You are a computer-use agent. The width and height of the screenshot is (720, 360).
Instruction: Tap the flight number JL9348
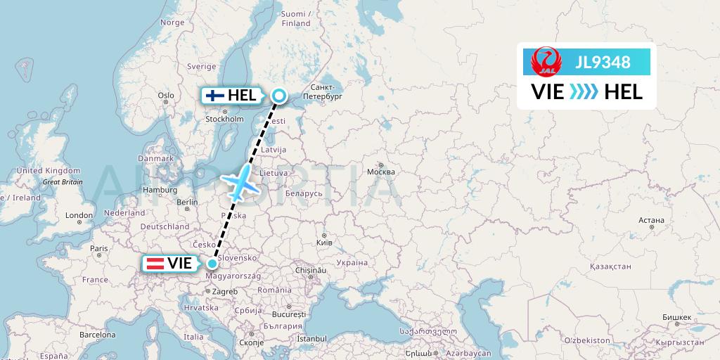(603, 63)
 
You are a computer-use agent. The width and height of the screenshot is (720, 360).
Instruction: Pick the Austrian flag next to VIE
(155, 264)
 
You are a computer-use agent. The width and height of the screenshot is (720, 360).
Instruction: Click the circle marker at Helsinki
(279, 96)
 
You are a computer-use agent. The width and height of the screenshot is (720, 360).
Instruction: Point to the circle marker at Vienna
(212, 264)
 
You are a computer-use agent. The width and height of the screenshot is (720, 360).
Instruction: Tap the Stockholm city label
(224, 119)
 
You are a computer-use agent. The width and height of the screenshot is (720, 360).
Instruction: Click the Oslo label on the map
(166, 96)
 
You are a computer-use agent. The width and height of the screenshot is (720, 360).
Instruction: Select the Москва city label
(380, 172)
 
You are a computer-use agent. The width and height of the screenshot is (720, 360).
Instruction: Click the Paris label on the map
(99, 248)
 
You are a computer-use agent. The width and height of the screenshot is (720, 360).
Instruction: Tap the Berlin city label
(188, 202)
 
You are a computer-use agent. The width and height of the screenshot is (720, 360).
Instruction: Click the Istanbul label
(312, 338)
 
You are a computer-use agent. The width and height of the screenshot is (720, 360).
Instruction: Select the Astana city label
(652, 220)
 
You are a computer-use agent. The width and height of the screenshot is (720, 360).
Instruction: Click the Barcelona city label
(96, 335)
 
